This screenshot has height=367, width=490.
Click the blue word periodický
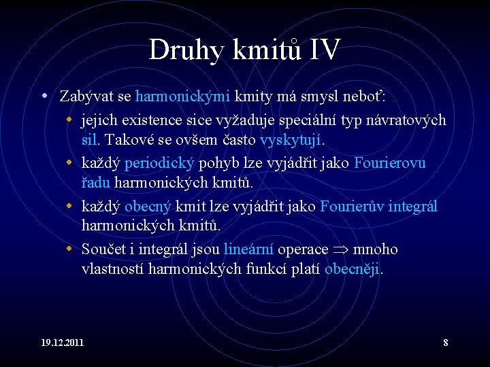[x=160, y=163]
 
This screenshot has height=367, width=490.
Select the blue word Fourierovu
[x=390, y=163]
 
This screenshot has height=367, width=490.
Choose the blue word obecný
[x=148, y=206]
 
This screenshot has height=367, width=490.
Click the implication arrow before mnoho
[x=342, y=250]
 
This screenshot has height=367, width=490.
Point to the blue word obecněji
[x=353, y=269]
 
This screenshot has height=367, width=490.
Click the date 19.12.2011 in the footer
[x=62, y=342]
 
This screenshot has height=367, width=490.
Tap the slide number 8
[x=445, y=342]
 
